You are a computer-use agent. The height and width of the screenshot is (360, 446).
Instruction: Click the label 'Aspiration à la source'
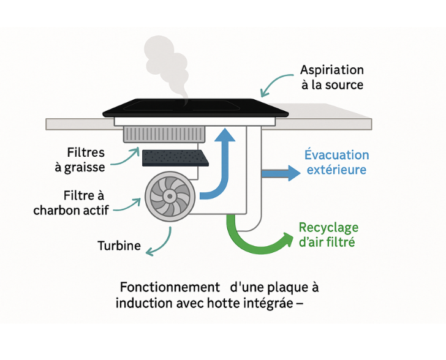point(332,77)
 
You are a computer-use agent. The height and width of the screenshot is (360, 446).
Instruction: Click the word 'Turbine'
point(119,246)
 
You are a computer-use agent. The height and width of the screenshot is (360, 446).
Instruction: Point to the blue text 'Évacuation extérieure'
point(336,162)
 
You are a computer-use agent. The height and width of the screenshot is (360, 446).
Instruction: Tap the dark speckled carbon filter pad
point(175,157)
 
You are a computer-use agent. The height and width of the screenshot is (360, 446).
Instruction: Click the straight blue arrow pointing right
point(281,173)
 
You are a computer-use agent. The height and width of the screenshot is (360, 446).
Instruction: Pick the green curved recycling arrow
point(257,236)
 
